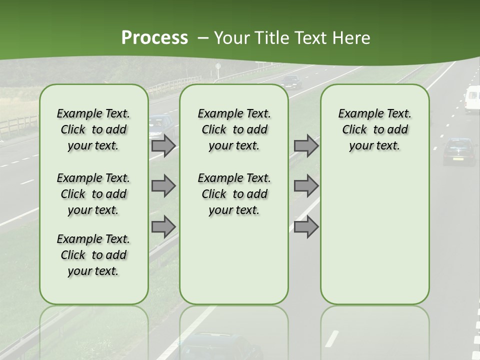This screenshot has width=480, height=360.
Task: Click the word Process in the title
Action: [x=154, y=38]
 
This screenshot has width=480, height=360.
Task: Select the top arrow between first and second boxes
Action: [x=163, y=146]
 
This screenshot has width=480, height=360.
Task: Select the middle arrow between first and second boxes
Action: [x=163, y=186]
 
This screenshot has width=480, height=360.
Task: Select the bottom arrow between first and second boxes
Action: [x=163, y=227]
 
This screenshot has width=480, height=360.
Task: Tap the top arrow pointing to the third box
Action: [x=306, y=146]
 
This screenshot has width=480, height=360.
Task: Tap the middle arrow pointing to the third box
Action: [x=306, y=186]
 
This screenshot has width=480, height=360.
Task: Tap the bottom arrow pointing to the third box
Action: [x=306, y=227]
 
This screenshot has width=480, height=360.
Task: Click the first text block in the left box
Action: [x=93, y=129]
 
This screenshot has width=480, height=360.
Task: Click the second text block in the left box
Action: [x=93, y=194]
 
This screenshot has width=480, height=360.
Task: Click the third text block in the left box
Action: [x=93, y=255]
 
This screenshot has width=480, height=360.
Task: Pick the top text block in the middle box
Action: [x=234, y=129]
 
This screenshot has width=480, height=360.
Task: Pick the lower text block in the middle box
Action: [x=234, y=194]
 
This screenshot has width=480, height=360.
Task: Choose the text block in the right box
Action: [x=375, y=129]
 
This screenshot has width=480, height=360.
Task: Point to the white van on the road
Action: [x=472, y=99]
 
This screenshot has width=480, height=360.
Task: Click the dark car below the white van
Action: [x=458, y=151]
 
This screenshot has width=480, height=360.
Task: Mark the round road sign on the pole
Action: [x=218, y=66]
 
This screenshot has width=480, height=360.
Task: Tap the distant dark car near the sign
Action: [x=291, y=81]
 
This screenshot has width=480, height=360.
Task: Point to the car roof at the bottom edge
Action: [x=220, y=345]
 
